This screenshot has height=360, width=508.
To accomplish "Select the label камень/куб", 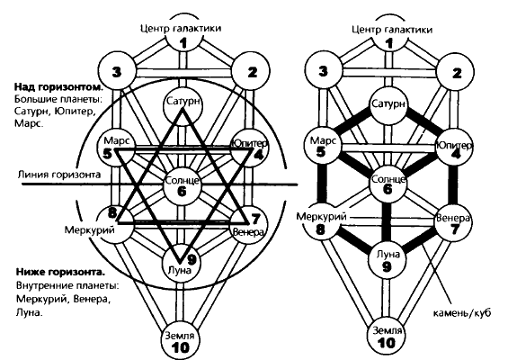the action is tap(462, 313).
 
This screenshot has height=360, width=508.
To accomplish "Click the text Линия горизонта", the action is tap(59, 175).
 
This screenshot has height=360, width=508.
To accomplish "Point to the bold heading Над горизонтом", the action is tap(58, 87).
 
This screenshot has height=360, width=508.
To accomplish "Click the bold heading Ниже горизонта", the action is tap(60, 272).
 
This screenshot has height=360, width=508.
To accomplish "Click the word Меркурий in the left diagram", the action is tap(90, 229).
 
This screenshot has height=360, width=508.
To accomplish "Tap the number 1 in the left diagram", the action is tap(183, 43).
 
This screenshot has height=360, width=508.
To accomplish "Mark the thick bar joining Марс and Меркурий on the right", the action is tap(322, 184).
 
